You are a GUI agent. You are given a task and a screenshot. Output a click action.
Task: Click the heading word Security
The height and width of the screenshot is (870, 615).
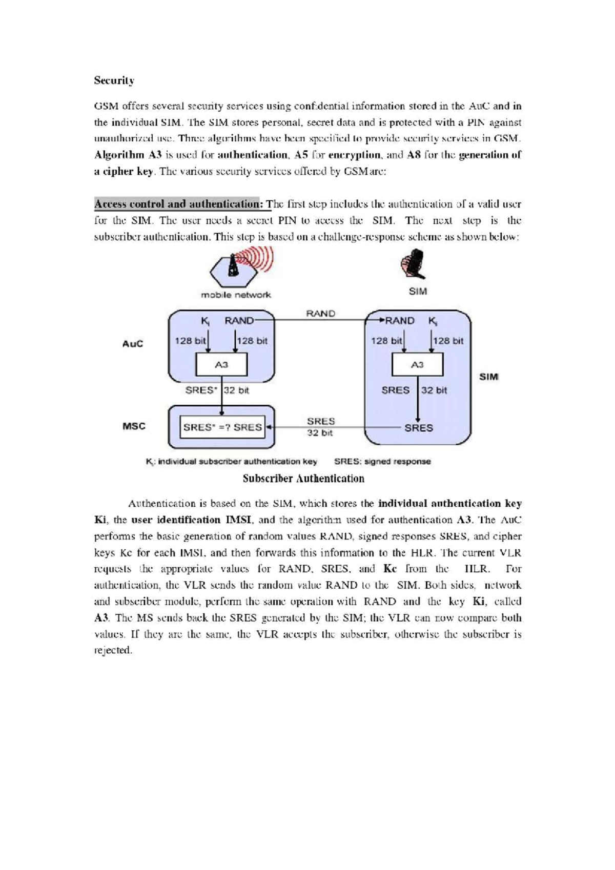(114, 80)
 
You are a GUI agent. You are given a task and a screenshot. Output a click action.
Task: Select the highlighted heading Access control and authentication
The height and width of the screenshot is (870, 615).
(178, 204)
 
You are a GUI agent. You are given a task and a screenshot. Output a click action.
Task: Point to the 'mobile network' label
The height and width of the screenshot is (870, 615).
(236, 295)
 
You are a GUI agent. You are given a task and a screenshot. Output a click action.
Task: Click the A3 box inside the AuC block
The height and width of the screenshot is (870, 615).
(221, 365)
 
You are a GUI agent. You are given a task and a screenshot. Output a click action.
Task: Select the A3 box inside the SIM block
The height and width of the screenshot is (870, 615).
(417, 365)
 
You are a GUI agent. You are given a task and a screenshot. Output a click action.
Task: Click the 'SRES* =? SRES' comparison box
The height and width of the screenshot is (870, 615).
(222, 427)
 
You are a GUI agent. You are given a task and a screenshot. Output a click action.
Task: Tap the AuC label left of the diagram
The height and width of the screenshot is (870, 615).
(133, 344)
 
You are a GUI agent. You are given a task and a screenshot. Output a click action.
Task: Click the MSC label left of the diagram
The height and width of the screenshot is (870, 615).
(134, 426)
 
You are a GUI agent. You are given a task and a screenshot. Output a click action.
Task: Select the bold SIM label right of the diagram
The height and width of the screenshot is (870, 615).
(488, 377)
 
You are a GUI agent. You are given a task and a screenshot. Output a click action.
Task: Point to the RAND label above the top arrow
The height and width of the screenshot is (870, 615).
(320, 314)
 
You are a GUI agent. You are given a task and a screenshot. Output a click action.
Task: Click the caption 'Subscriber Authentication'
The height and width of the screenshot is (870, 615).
(303, 479)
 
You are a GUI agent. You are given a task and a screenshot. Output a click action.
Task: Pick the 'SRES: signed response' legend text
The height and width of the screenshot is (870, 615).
(382, 462)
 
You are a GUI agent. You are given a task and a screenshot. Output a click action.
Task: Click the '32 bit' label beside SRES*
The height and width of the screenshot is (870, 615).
(236, 390)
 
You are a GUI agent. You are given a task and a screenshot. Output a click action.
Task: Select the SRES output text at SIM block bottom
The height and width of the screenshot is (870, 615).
(418, 428)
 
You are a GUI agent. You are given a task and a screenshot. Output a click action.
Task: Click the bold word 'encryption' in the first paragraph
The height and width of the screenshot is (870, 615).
(354, 155)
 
